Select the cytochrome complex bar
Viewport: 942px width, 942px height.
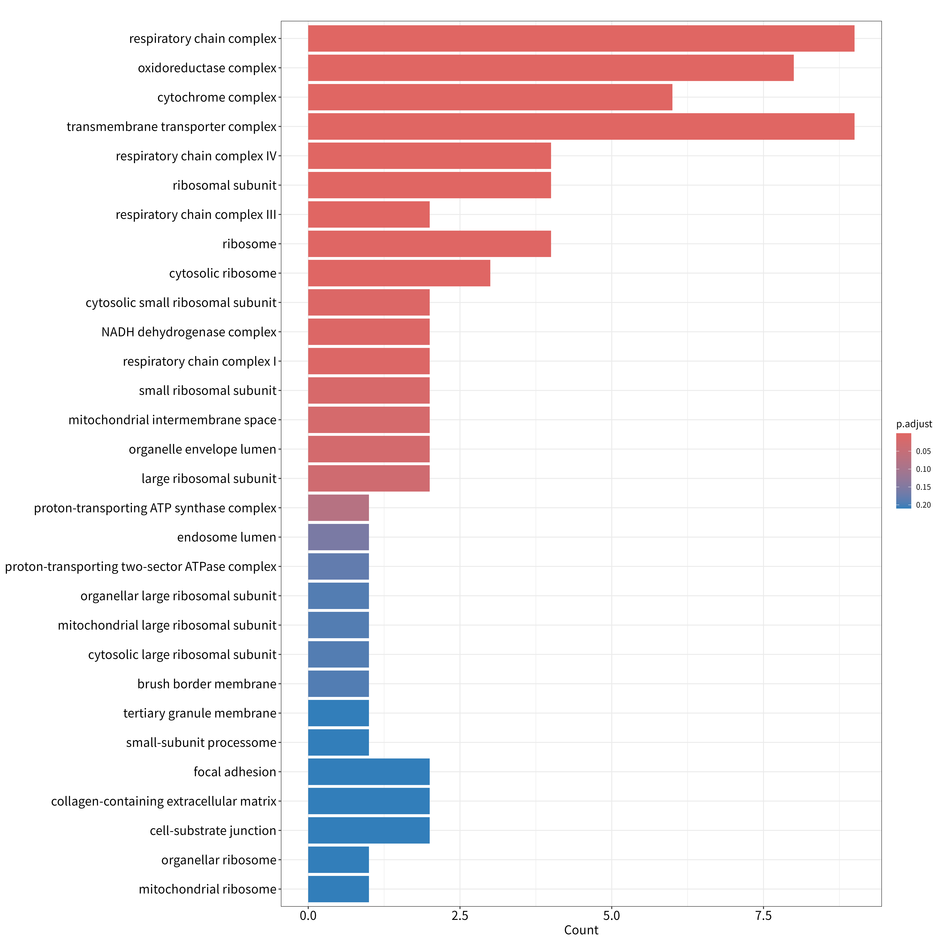(490, 97)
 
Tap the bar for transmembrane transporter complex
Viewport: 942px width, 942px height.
(581, 126)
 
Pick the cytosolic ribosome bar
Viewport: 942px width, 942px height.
(399, 273)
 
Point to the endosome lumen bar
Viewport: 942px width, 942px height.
(338, 537)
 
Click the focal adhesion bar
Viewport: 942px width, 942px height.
(369, 772)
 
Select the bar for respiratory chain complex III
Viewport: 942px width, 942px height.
(369, 214)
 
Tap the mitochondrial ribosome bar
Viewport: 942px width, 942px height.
(338, 889)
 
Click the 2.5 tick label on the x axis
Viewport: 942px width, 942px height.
(460, 916)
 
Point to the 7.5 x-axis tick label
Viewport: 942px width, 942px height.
(763, 916)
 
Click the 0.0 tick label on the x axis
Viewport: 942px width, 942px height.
(308, 916)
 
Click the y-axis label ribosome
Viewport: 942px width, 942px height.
(250, 244)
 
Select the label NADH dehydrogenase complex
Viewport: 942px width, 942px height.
(189, 332)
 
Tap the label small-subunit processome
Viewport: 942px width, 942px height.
(201, 743)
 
